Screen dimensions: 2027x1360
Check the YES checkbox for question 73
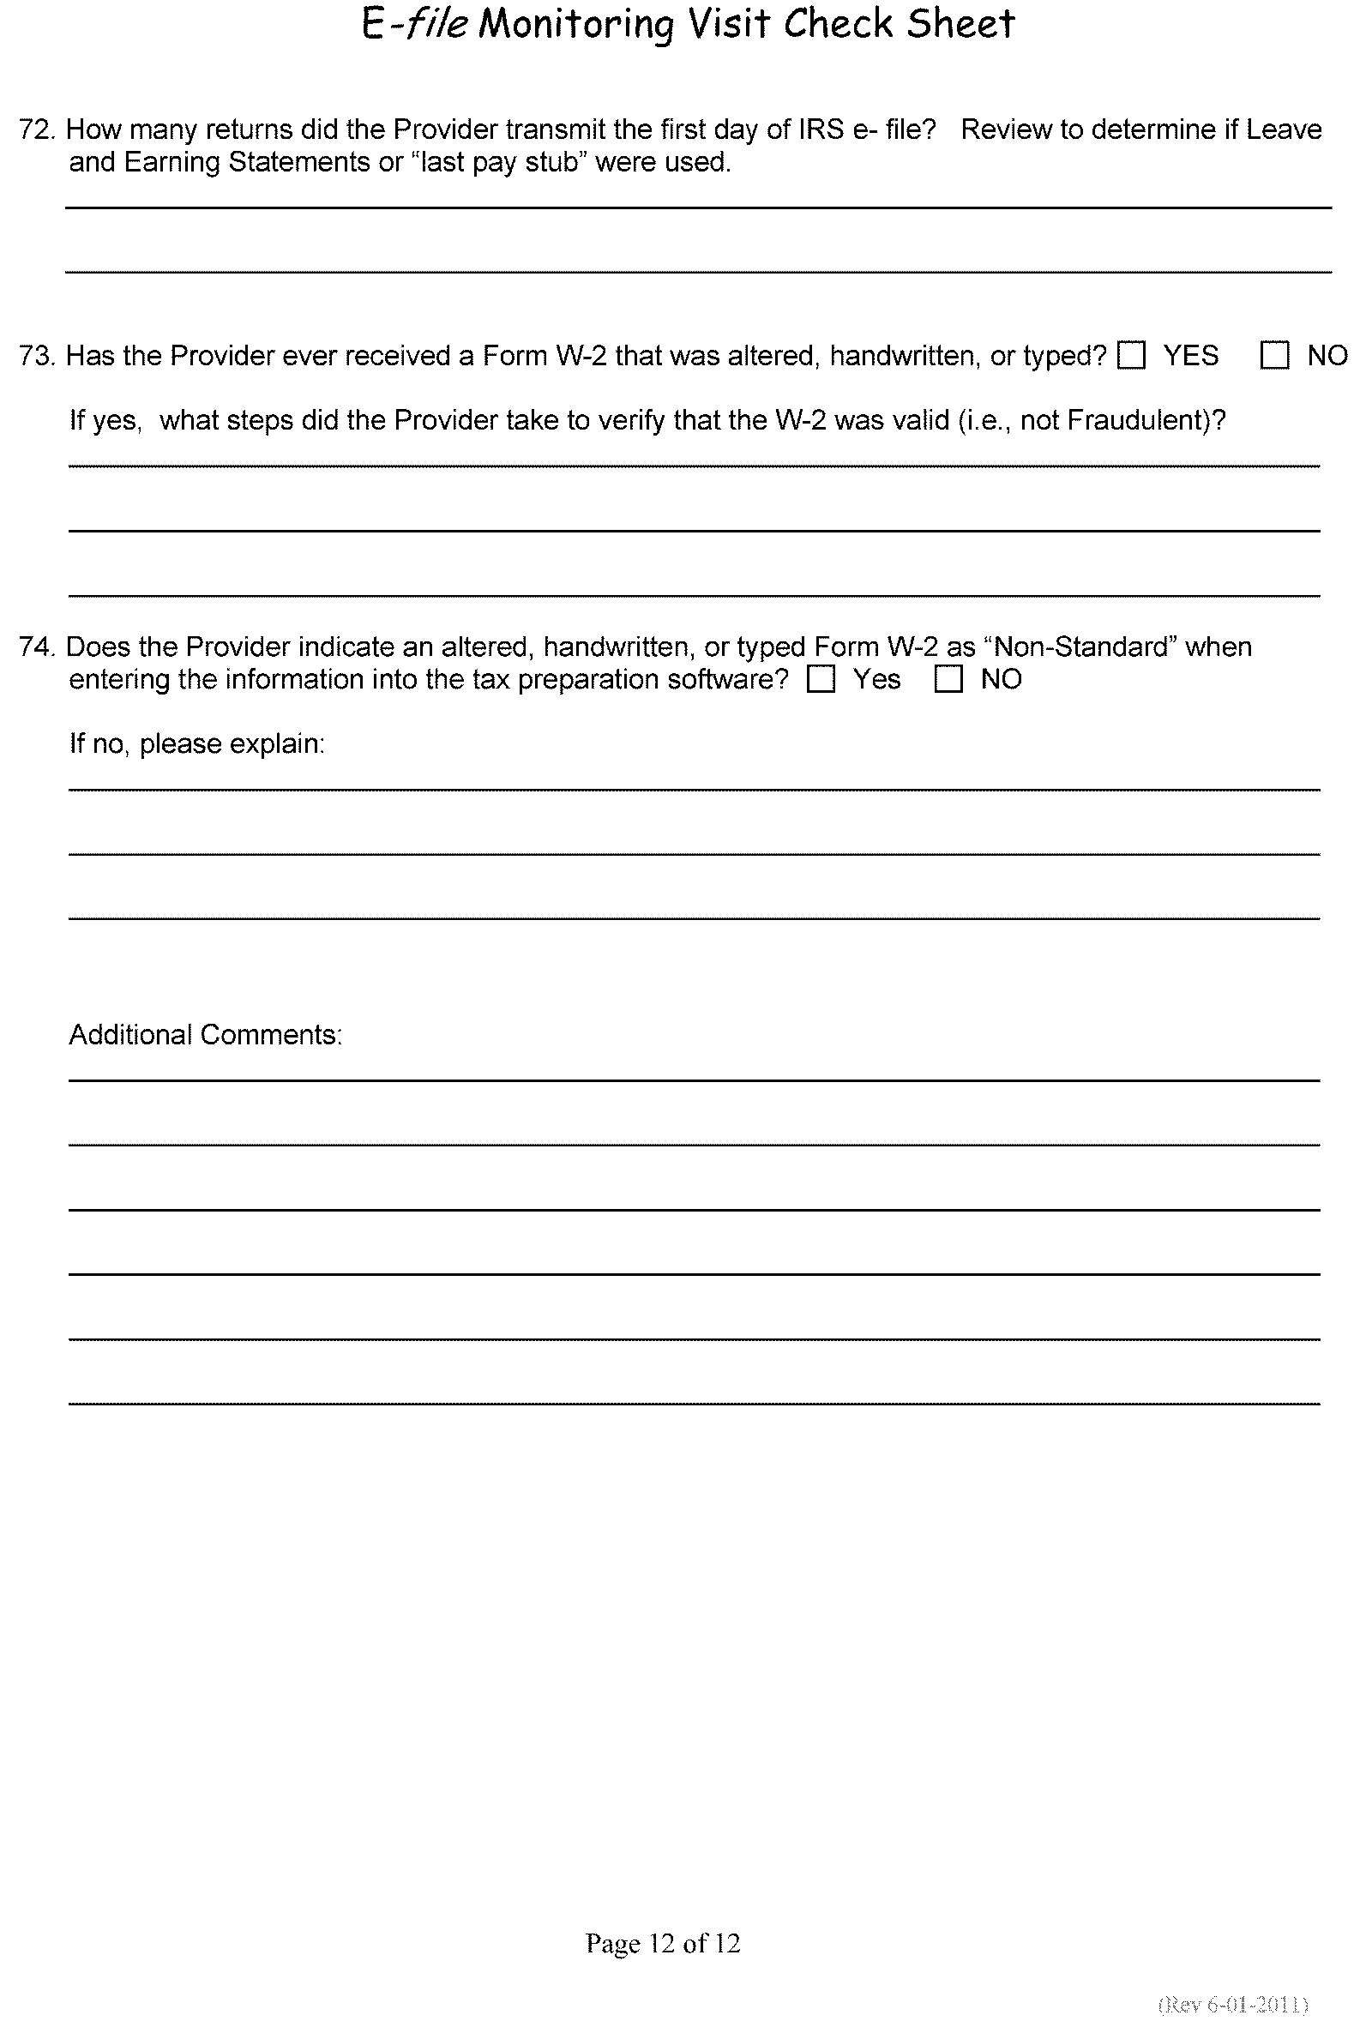pos(1131,355)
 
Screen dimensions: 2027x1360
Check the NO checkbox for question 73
pos(1274,355)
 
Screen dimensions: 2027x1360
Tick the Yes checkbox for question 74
pos(821,679)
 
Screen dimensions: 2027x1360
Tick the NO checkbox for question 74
pos(948,679)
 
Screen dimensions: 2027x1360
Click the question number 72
pos(36,130)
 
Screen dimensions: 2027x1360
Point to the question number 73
pos(36,356)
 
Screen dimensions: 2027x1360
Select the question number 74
pos(36,647)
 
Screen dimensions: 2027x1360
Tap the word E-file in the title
pos(413,25)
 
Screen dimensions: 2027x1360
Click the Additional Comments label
pos(206,1035)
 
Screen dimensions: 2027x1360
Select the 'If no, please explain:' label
pos(197,744)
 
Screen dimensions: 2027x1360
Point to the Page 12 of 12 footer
pos(663,1943)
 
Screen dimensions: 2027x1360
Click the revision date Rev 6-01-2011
pos(1232,2005)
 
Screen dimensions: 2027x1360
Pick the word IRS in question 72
pos(821,130)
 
